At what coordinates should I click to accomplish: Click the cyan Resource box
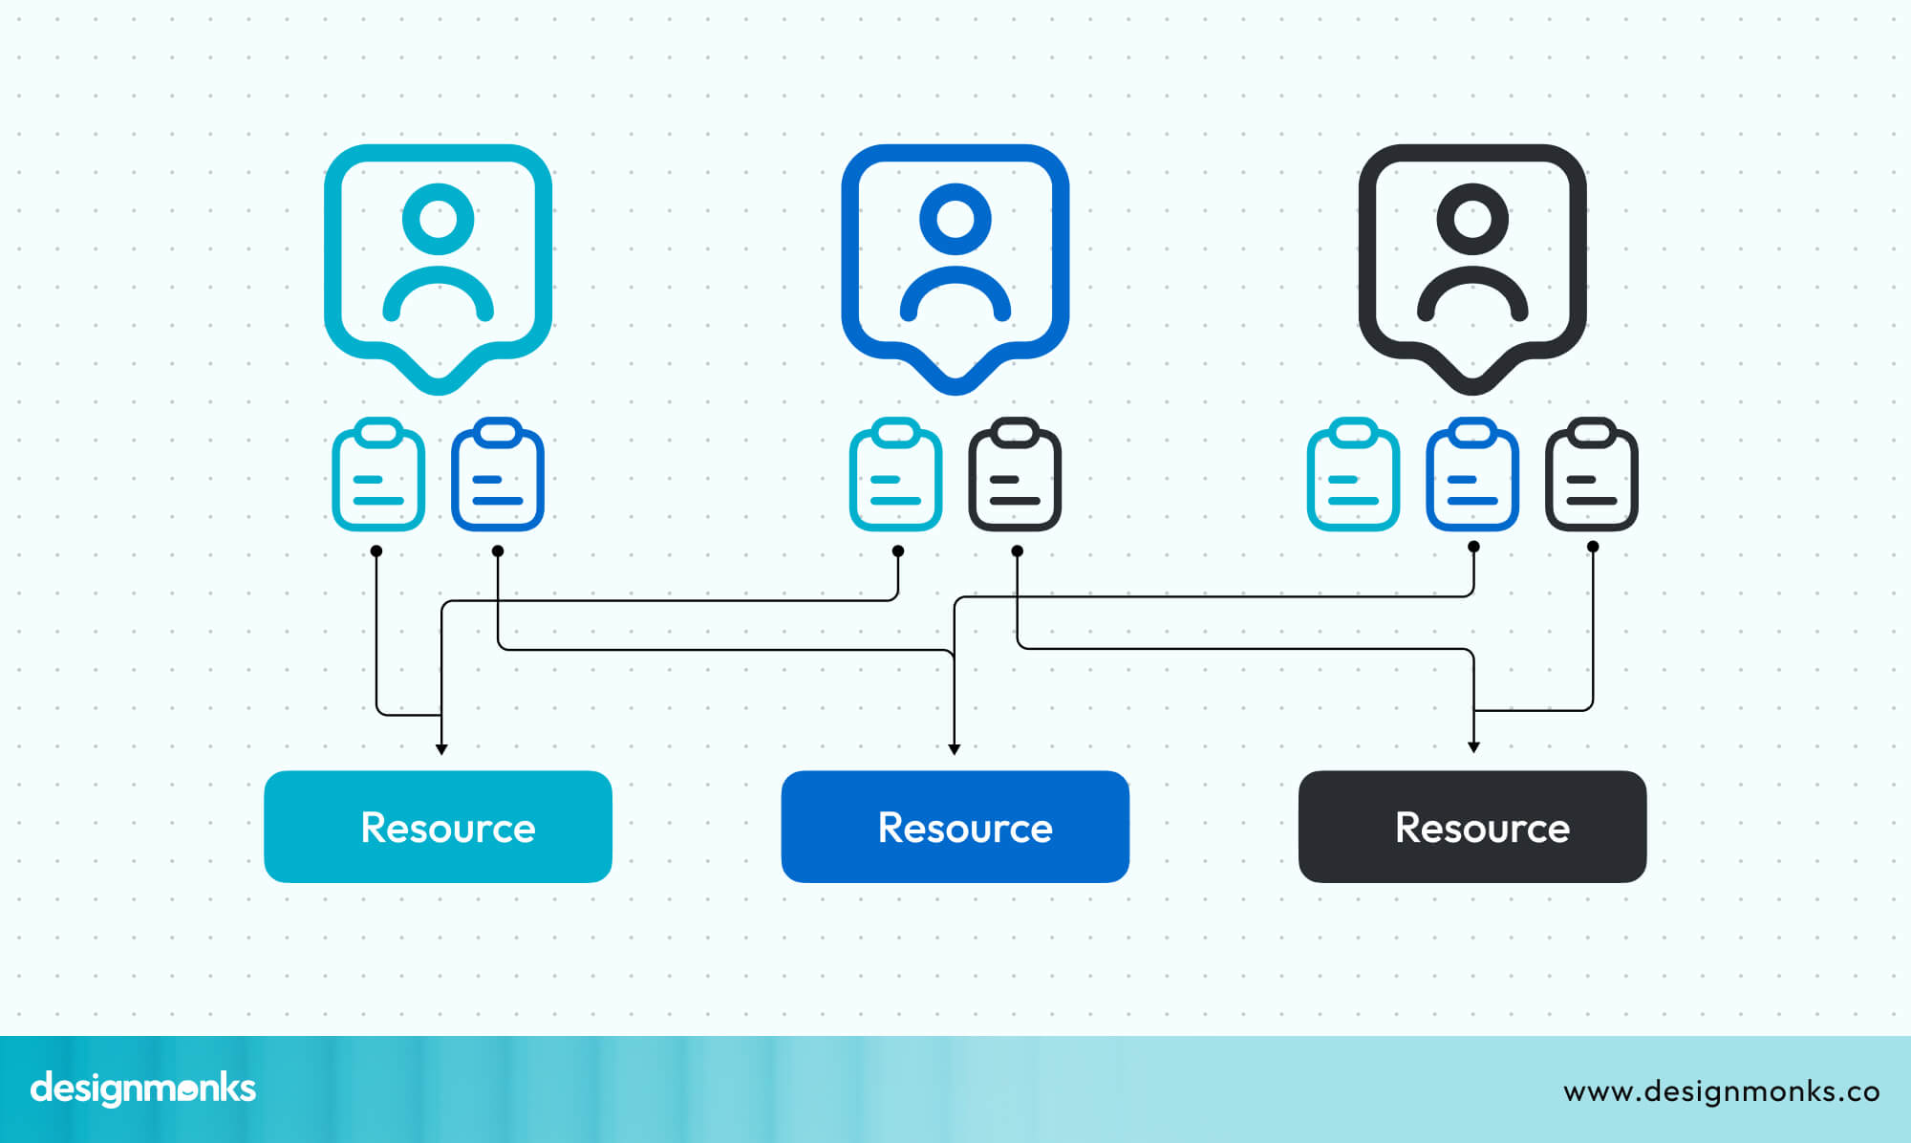[438, 827]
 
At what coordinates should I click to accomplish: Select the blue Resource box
[955, 827]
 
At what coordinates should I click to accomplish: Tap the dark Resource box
[1471, 827]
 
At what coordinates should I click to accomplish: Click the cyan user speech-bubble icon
[438, 263]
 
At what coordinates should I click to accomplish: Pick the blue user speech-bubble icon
[955, 263]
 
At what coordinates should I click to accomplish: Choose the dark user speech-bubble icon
[1471, 263]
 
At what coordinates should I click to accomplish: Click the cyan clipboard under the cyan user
[378, 475]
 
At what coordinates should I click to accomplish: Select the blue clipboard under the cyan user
[497, 475]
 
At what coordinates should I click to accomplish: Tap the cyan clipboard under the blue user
[895, 475]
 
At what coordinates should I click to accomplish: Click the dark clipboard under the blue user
[1015, 475]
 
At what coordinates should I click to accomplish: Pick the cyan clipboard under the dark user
[1353, 475]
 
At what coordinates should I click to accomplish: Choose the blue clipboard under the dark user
[1471, 475]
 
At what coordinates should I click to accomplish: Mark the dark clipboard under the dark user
[1591, 475]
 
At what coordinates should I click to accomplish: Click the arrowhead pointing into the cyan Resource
[441, 749]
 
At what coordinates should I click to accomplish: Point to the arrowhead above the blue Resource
[954, 749]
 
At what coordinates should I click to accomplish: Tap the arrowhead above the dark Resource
[1473, 747]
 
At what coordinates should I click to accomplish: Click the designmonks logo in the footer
[143, 1089]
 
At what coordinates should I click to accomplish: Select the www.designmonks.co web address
[1721, 1090]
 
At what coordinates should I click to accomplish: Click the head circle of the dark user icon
[1471, 219]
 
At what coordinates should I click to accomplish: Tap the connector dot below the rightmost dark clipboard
[1592, 547]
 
